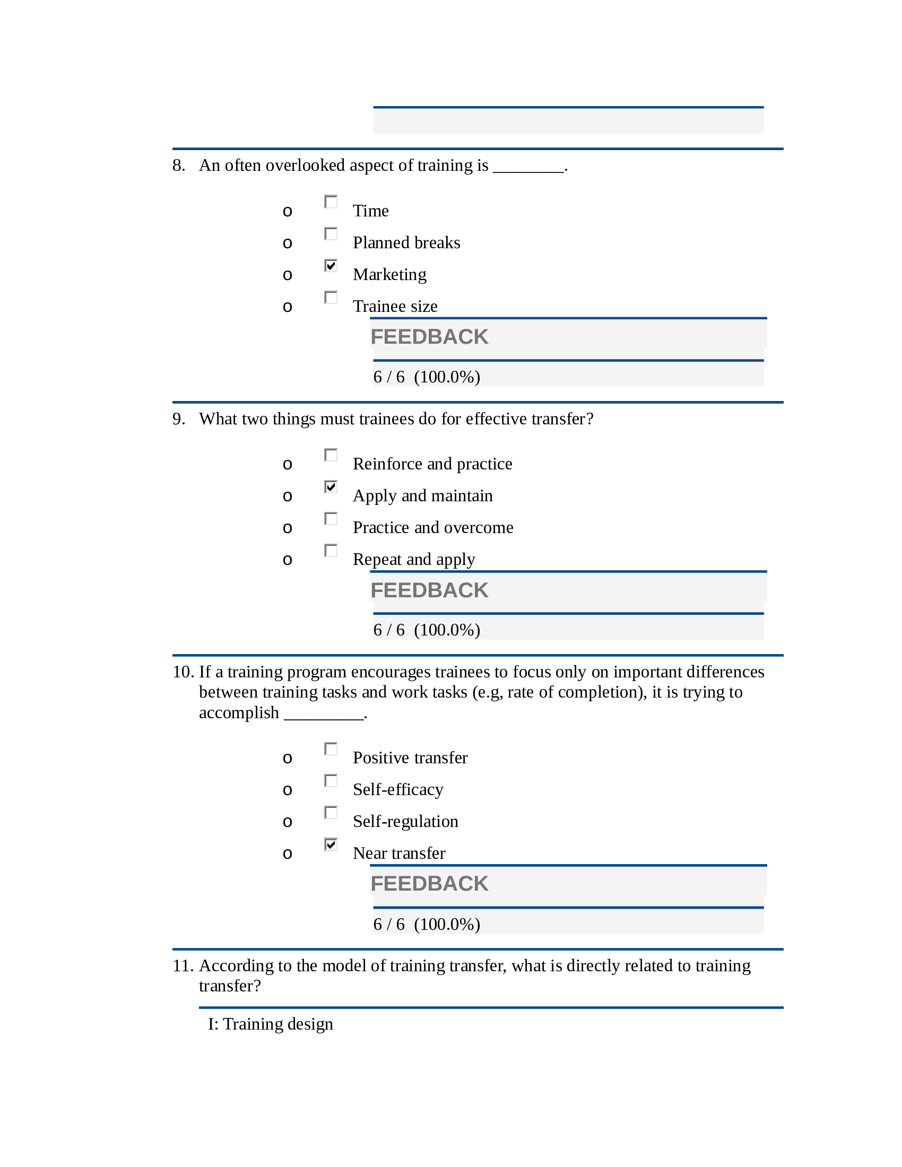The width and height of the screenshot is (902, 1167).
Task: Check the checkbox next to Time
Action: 331,202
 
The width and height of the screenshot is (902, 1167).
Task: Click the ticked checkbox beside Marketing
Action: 331,265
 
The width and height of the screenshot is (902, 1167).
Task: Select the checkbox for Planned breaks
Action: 331,233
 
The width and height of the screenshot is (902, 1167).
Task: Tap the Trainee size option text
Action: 395,306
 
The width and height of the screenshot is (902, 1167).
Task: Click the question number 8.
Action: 178,166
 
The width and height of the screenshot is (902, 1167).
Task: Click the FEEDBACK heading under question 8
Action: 429,337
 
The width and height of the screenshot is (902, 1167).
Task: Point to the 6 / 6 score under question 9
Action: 388,630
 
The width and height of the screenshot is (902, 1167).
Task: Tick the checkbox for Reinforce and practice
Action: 331,455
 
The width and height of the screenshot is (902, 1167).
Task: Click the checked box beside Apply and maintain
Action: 331,486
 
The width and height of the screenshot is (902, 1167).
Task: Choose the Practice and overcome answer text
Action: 433,527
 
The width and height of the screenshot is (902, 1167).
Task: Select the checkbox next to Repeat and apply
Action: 331,550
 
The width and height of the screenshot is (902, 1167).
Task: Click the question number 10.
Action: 183,672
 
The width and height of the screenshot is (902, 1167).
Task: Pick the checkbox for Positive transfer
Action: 331,748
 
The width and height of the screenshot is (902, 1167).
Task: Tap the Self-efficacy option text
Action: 397,789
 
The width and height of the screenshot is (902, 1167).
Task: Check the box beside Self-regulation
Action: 331,812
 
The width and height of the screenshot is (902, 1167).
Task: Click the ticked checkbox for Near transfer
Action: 331,844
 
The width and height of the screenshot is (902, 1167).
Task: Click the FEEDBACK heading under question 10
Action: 429,884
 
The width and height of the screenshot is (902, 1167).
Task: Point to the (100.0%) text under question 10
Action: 447,925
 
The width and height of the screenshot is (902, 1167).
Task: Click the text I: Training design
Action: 271,1024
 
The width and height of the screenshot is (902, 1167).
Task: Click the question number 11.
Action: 183,965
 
